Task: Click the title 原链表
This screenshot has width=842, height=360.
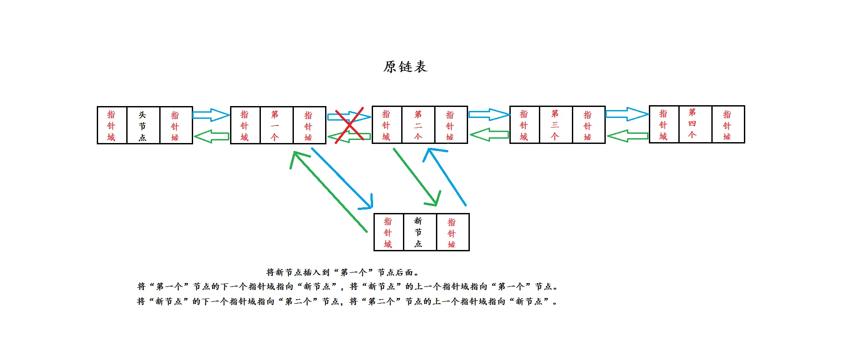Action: point(405,67)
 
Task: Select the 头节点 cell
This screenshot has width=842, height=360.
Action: point(143,125)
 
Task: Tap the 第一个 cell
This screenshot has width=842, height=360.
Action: point(276,125)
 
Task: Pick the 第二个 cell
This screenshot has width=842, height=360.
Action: point(418,125)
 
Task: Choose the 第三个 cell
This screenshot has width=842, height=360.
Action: point(556,125)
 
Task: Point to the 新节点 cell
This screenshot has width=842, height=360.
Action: point(419,232)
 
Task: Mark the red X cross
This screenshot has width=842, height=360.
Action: point(349,125)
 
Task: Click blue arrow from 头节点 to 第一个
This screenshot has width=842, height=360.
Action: point(211,115)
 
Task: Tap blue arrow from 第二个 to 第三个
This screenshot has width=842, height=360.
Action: point(488,115)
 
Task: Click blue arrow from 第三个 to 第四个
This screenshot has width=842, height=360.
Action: point(627,114)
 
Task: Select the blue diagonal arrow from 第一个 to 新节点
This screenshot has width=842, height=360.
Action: point(342,178)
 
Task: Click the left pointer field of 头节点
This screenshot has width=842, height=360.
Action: point(112,125)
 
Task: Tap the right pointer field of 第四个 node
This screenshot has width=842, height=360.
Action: point(728,125)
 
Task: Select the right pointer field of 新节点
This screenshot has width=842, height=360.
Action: point(452,232)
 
